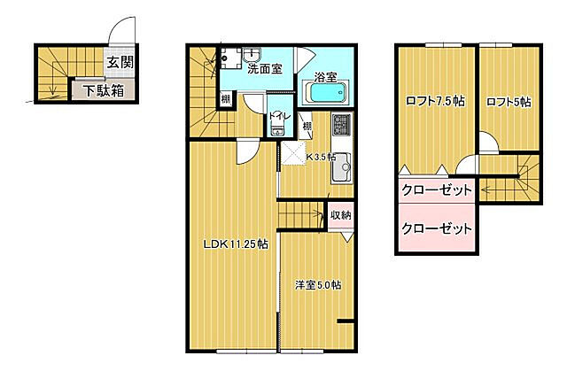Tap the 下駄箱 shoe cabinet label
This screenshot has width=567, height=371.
point(104,90)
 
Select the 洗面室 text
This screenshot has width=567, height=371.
point(265,69)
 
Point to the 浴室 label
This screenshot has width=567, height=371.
point(325,77)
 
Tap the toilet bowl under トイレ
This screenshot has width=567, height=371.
point(276,131)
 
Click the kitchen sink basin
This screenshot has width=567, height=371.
point(342,165)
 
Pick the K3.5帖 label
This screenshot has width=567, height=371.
point(320,158)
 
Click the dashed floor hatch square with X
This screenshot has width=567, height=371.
point(292,156)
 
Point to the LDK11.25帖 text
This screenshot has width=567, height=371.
point(235,244)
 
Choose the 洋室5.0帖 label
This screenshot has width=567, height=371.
point(318,285)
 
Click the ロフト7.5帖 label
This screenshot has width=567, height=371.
point(435,100)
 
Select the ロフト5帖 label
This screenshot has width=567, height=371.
point(509,101)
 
